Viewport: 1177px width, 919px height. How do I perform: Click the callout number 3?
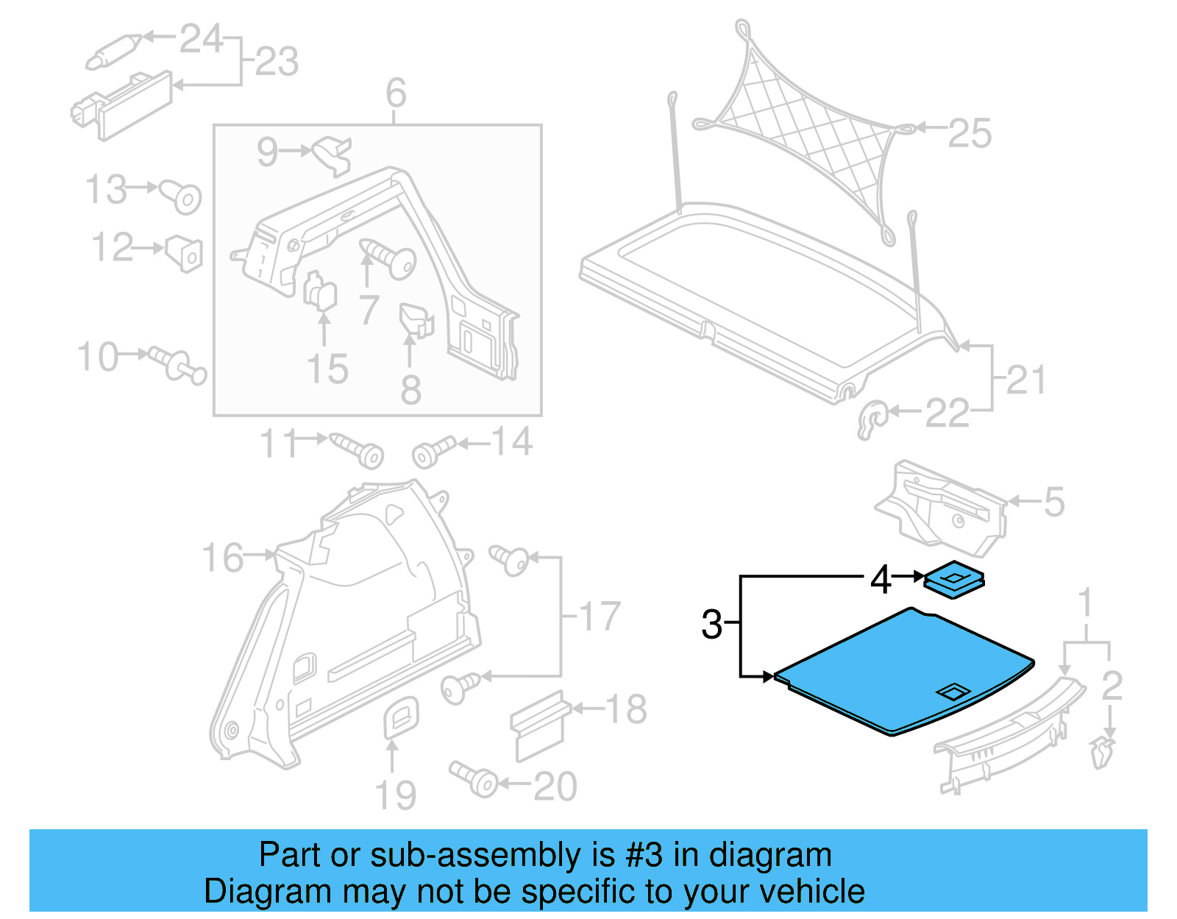coord(711,625)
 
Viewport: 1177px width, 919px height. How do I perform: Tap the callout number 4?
coord(881,580)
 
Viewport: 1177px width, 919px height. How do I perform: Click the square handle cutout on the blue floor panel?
coord(953,692)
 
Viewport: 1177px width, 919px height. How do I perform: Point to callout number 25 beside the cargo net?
coord(969,134)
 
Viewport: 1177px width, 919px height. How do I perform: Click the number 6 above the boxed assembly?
coord(396,93)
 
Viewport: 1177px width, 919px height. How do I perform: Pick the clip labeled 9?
coord(333,155)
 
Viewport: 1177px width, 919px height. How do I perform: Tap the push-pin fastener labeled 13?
coord(182,196)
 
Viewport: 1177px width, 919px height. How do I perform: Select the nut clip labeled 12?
coord(185,252)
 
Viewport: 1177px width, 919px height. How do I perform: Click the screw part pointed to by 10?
coord(177,364)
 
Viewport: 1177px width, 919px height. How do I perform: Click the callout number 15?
coord(327,369)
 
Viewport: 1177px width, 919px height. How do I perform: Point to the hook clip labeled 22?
coord(872,419)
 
